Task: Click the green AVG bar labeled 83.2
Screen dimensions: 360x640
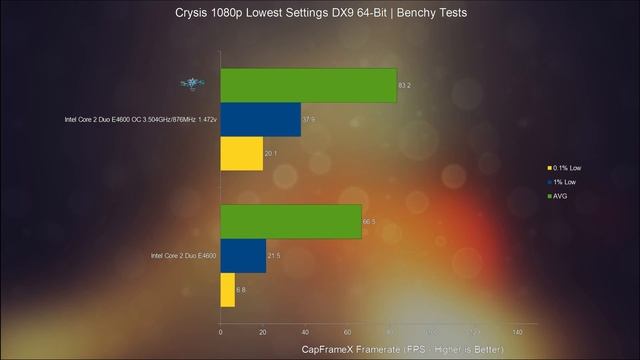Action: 308,85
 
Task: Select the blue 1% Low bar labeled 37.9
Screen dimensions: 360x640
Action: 260,119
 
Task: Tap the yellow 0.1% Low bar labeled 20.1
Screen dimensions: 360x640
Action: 241,153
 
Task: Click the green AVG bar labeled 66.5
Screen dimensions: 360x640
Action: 290,221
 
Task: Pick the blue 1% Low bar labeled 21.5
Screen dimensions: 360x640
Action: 242,256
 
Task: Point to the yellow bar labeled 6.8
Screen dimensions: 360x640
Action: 227,290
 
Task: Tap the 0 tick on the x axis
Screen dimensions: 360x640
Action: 220,332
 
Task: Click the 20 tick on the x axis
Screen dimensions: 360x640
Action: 262,332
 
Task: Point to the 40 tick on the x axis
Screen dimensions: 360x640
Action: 305,332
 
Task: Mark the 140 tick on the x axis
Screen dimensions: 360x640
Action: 517,332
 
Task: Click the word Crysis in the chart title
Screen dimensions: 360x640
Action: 194,13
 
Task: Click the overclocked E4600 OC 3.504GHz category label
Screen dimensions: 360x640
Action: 139,119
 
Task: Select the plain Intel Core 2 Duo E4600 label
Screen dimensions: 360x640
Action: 183,256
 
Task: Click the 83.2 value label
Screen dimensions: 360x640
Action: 404,86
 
